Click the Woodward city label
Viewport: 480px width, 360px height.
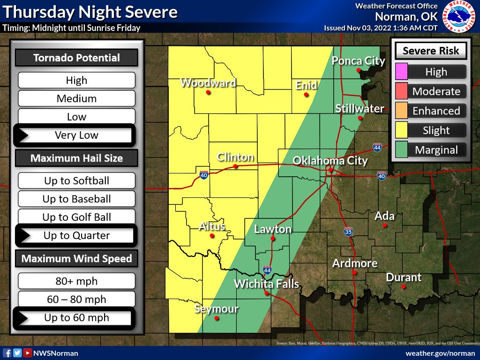(208, 83)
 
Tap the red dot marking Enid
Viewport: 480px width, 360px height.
(306, 95)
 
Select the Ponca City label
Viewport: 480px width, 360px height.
(359, 61)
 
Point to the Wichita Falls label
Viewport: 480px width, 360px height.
(266, 284)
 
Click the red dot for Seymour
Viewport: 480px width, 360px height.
(217, 318)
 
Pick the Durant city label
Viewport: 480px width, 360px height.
(404, 277)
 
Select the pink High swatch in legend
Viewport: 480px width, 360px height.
(402, 72)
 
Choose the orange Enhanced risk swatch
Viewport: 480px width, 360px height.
(402, 111)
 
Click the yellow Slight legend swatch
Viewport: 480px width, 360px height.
(402, 130)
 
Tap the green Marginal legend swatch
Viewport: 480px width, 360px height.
(402, 150)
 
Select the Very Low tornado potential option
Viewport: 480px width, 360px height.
(76, 135)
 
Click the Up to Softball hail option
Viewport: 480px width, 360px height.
(76, 181)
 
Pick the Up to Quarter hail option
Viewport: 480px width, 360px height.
(76, 236)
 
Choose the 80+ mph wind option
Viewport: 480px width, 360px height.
(76, 281)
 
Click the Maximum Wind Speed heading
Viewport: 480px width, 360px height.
(76, 259)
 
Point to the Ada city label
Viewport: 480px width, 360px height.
(384, 217)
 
